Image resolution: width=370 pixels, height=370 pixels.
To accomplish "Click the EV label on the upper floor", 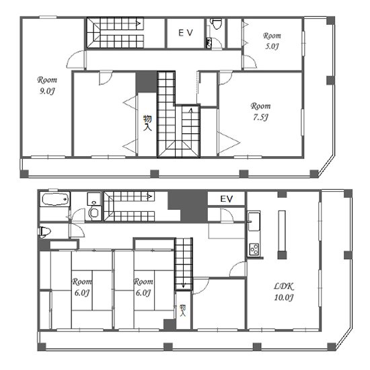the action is pos(186,33).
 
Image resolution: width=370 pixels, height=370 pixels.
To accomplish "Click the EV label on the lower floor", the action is pos(227,199).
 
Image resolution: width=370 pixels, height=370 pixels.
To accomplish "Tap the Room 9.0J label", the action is pos(47,85).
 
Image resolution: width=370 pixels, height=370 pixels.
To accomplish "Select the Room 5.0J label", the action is pos(272,40).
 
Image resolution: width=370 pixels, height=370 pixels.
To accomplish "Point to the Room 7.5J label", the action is pos(260,111).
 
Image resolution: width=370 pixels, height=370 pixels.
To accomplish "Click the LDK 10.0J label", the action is pos(284,292).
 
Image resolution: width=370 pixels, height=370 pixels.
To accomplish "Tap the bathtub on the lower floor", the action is pos(55,200).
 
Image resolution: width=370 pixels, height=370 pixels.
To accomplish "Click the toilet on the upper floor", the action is pos(216,24).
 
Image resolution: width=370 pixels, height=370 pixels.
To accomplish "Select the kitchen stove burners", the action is pos(254,250).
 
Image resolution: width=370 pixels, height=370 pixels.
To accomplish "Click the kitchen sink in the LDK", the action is pos(254,221).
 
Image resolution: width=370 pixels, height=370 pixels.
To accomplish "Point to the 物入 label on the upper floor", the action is pos(147,123).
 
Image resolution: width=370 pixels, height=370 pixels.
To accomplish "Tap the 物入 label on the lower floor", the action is pos(183,310).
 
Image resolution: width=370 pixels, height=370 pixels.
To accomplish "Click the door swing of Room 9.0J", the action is pos(75,60).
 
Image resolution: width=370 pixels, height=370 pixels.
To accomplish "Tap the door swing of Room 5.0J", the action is pos(250,62).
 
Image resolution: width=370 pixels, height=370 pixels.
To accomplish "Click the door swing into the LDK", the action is pos(237,268).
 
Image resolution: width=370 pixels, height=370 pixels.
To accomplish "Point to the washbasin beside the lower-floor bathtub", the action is pos(94,200).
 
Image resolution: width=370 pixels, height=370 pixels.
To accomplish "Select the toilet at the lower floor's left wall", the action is pos(45,231).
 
